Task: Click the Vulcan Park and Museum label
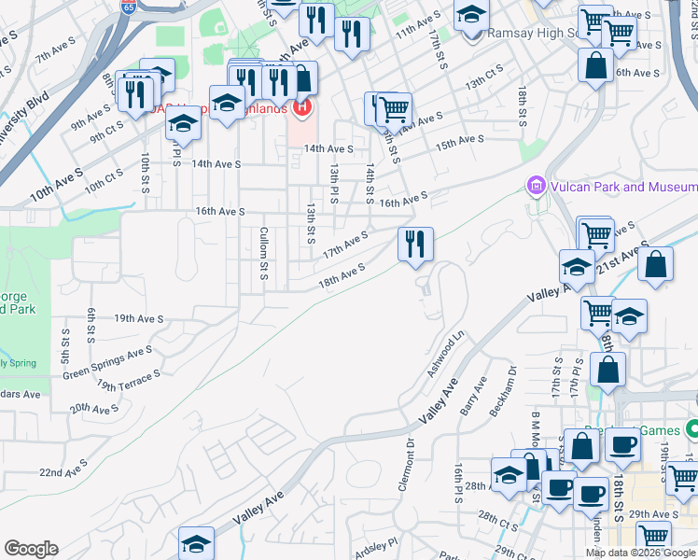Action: [621, 188]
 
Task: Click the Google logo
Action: [31, 549]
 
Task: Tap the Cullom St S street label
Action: [264, 252]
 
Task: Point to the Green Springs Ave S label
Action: [107, 363]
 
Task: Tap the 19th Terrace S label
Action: [128, 381]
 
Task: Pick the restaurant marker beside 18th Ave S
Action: [415, 245]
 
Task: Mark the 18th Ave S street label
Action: [341, 273]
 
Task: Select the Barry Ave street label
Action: [473, 398]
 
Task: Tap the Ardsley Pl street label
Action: [376, 540]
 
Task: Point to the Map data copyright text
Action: [640, 553]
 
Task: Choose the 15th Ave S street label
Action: [459, 142]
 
